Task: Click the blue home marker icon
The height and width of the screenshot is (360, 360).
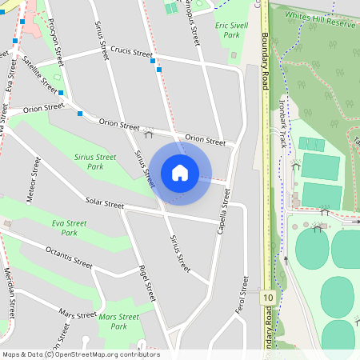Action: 180,172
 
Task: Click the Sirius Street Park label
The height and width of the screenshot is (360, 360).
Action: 95,162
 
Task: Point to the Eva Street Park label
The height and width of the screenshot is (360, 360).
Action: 70,228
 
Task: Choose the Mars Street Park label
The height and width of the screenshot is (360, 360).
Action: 118,322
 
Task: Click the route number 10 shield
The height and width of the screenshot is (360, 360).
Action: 267,298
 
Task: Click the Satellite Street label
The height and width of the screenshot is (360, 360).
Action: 40,74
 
